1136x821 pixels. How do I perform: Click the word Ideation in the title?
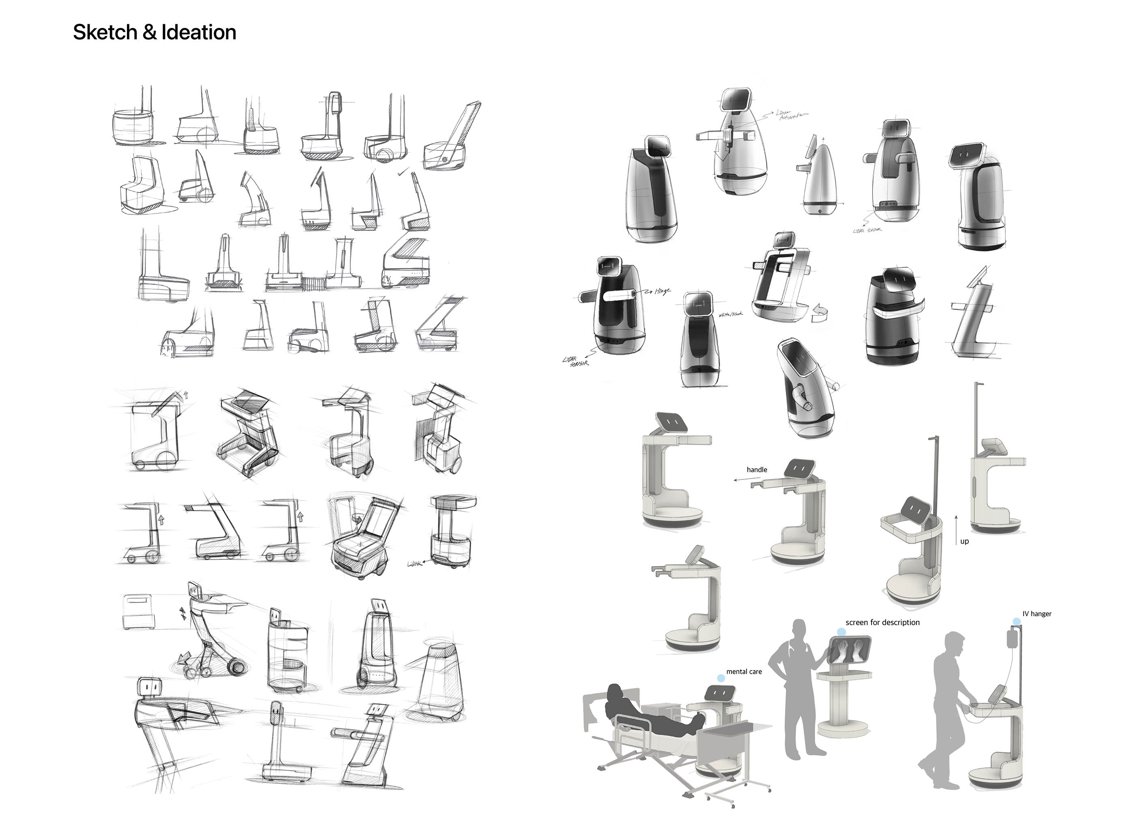(x=198, y=32)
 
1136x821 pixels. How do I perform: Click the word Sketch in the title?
(x=104, y=32)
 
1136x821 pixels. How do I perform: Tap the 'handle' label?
(x=756, y=469)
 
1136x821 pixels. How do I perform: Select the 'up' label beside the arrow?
(x=964, y=542)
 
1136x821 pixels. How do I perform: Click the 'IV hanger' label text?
(x=1037, y=614)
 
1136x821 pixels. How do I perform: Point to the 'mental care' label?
(x=744, y=672)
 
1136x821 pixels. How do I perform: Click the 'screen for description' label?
(x=882, y=623)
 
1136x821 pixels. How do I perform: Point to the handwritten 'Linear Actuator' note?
(x=792, y=115)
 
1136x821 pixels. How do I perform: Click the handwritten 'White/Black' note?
(x=731, y=315)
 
